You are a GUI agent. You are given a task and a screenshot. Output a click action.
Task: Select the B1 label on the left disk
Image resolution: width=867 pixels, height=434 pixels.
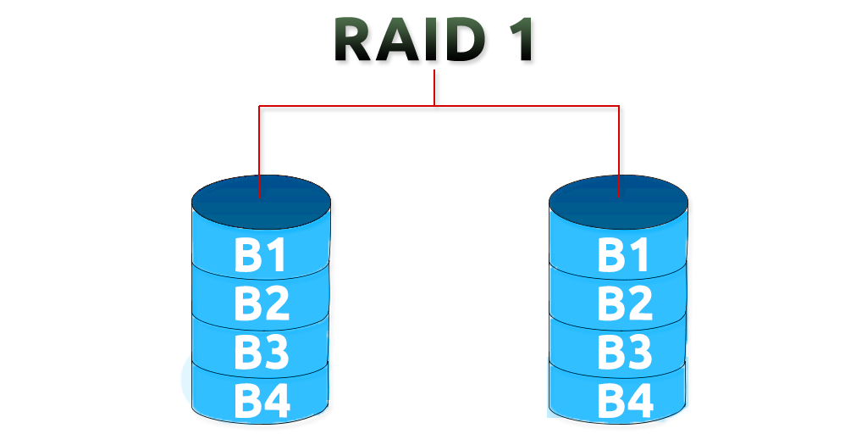pyautogui.click(x=261, y=257)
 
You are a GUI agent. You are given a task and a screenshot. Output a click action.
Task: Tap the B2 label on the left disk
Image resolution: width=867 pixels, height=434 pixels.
pyautogui.click(x=261, y=304)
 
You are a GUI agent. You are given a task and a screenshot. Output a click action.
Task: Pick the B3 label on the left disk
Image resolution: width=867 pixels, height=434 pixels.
pyautogui.click(x=261, y=353)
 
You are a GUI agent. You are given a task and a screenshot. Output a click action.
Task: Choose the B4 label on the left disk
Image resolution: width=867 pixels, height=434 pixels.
pyautogui.click(x=261, y=402)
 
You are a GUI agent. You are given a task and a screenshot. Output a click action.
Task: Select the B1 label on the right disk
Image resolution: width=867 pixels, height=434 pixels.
pyautogui.click(x=624, y=257)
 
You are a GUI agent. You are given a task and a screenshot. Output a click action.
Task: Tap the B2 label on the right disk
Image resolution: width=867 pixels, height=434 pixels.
pyautogui.click(x=624, y=303)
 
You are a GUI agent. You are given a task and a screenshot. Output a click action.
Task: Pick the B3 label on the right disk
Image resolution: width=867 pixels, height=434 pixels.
pyautogui.click(x=624, y=352)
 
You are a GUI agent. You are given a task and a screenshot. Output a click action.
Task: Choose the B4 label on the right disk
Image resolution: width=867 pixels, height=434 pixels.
pyautogui.click(x=624, y=401)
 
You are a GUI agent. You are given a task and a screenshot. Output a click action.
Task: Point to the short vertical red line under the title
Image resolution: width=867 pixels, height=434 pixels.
pyautogui.click(x=434, y=88)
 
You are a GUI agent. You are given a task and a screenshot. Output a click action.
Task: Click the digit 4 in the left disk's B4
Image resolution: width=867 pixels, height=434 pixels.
pyautogui.click(x=276, y=402)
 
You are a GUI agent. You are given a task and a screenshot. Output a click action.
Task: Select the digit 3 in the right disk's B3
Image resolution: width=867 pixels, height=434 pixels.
pyautogui.click(x=639, y=352)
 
